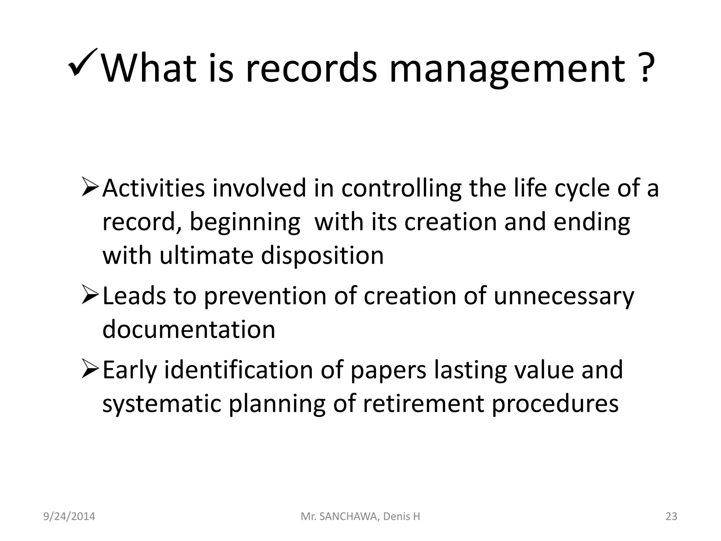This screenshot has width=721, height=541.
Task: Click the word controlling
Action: [x=401, y=188]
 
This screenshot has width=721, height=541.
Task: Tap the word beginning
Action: [x=245, y=223]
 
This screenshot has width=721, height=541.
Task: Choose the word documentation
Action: [x=189, y=329]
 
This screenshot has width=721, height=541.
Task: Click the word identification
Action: [x=239, y=370]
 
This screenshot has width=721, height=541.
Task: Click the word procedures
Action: [x=555, y=404]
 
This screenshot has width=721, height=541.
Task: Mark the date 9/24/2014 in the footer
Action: [x=69, y=516]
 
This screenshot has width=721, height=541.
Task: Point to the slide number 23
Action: [x=671, y=516]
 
